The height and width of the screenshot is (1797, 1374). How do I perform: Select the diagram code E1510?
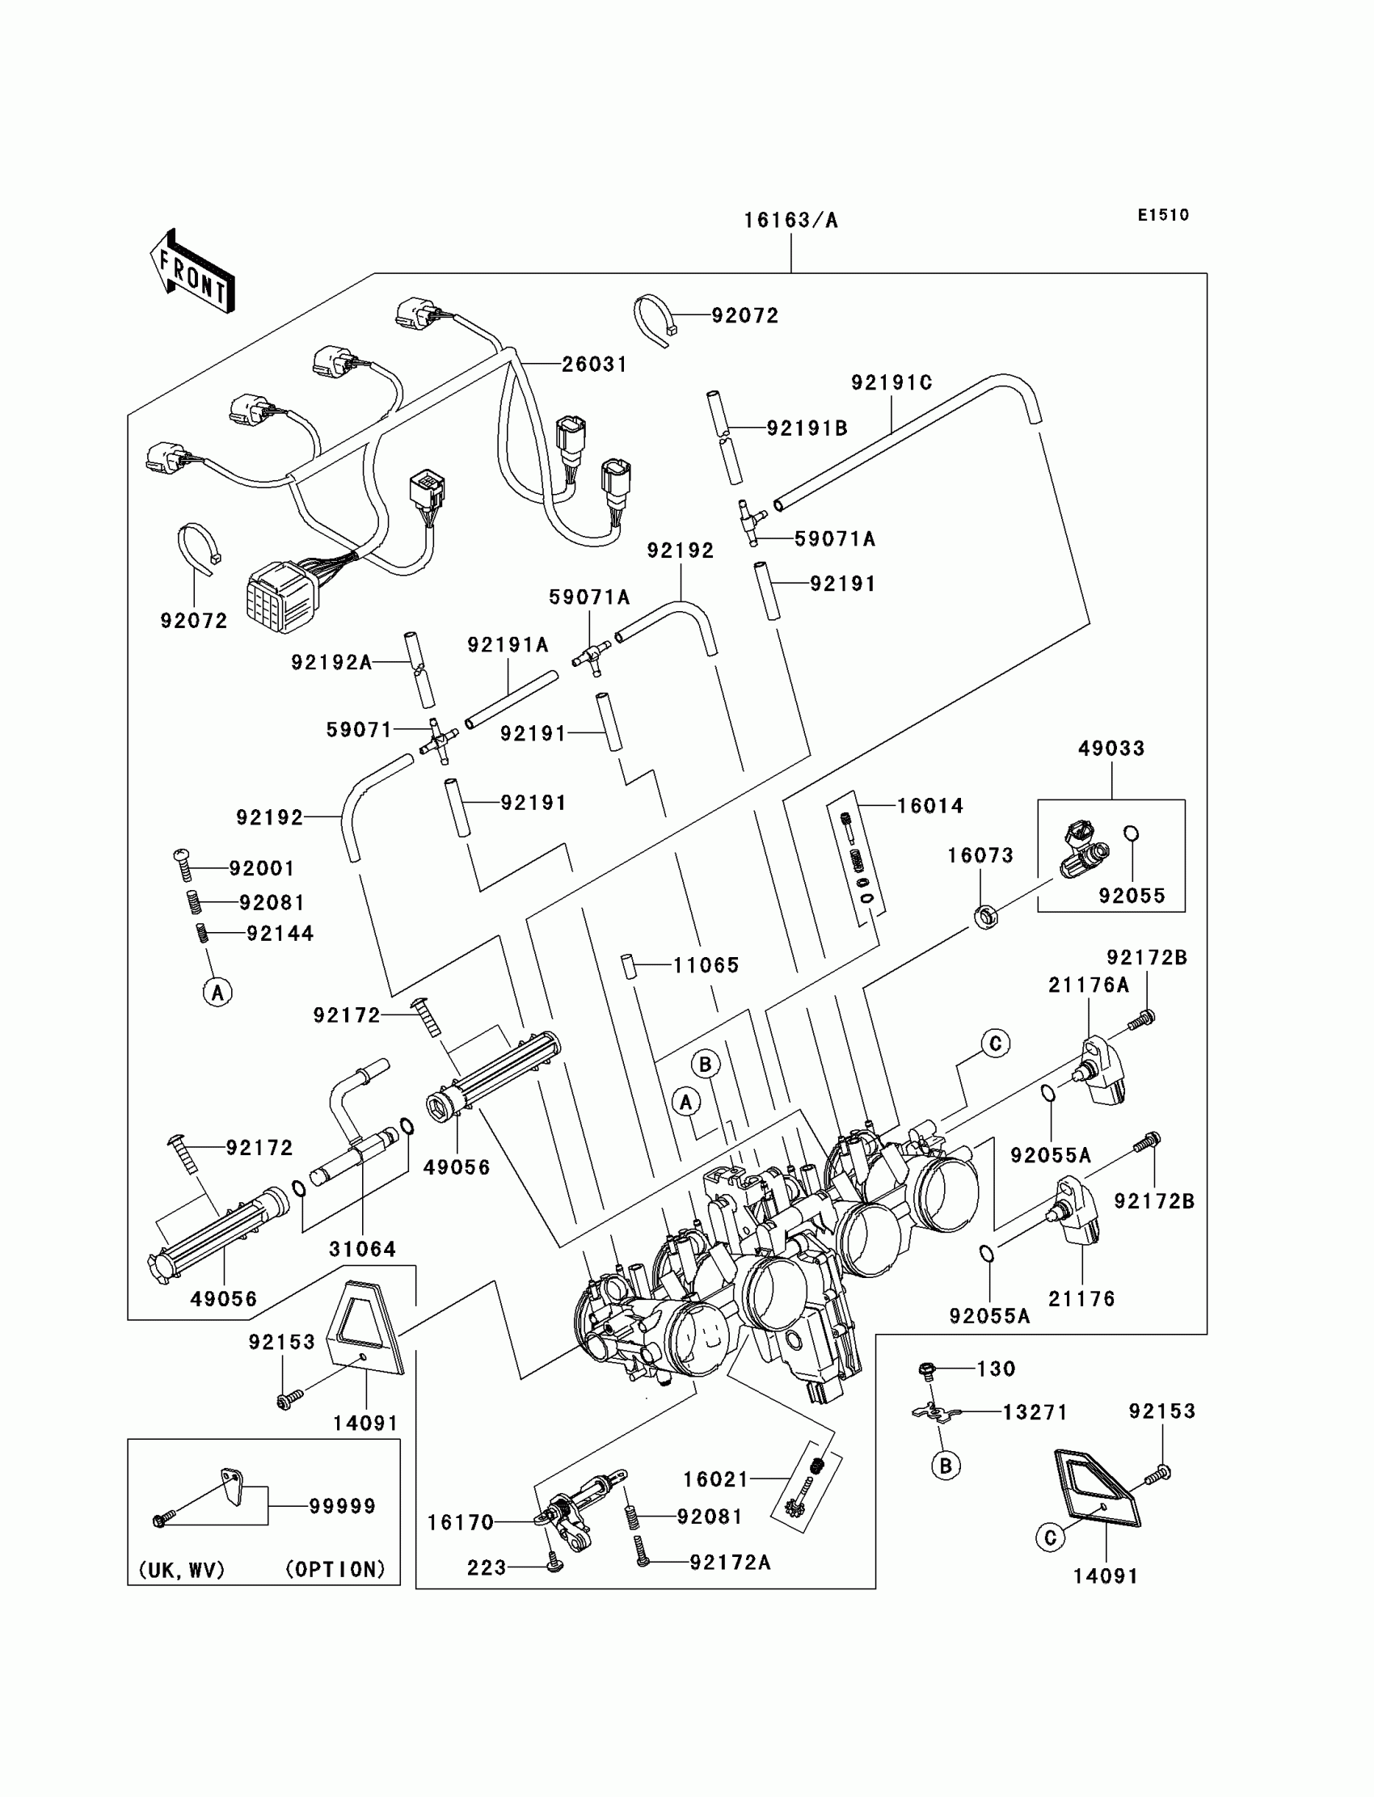pyautogui.click(x=1163, y=215)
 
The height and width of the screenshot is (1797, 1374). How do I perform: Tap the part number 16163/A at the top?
pyautogui.click(x=790, y=221)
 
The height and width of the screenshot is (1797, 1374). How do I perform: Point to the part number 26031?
pyautogui.click(x=595, y=365)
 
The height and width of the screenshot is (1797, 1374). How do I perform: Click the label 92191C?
pyautogui.click(x=891, y=383)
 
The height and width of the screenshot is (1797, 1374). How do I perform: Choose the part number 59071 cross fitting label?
pyautogui.click(x=359, y=730)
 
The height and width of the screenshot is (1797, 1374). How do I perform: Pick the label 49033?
pyautogui.click(x=1111, y=749)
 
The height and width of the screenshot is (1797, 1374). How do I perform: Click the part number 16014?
pyautogui.click(x=930, y=806)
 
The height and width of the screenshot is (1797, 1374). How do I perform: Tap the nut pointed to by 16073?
pyautogui.click(x=986, y=917)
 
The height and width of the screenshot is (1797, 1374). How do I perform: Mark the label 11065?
pyautogui.click(x=706, y=965)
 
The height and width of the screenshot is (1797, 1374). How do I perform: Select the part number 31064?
pyautogui.click(x=362, y=1249)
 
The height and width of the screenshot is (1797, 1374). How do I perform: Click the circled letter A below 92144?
pyautogui.click(x=217, y=992)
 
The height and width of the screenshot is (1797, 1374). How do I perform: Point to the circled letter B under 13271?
pyautogui.click(x=946, y=1466)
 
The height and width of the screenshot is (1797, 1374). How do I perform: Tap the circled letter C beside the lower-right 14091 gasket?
pyautogui.click(x=1050, y=1538)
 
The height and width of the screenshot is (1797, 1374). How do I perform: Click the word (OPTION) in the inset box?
pyautogui.click(x=335, y=1570)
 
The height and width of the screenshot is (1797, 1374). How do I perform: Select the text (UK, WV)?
pyautogui.click(x=182, y=1570)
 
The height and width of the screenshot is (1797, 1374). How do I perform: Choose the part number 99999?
pyautogui.click(x=342, y=1506)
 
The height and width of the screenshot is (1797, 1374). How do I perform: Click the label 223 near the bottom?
pyautogui.click(x=487, y=1567)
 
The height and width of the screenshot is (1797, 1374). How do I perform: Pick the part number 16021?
pyautogui.click(x=715, y=1479)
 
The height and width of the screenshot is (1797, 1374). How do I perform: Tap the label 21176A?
pyautogui.click(x=1089, y=985)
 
